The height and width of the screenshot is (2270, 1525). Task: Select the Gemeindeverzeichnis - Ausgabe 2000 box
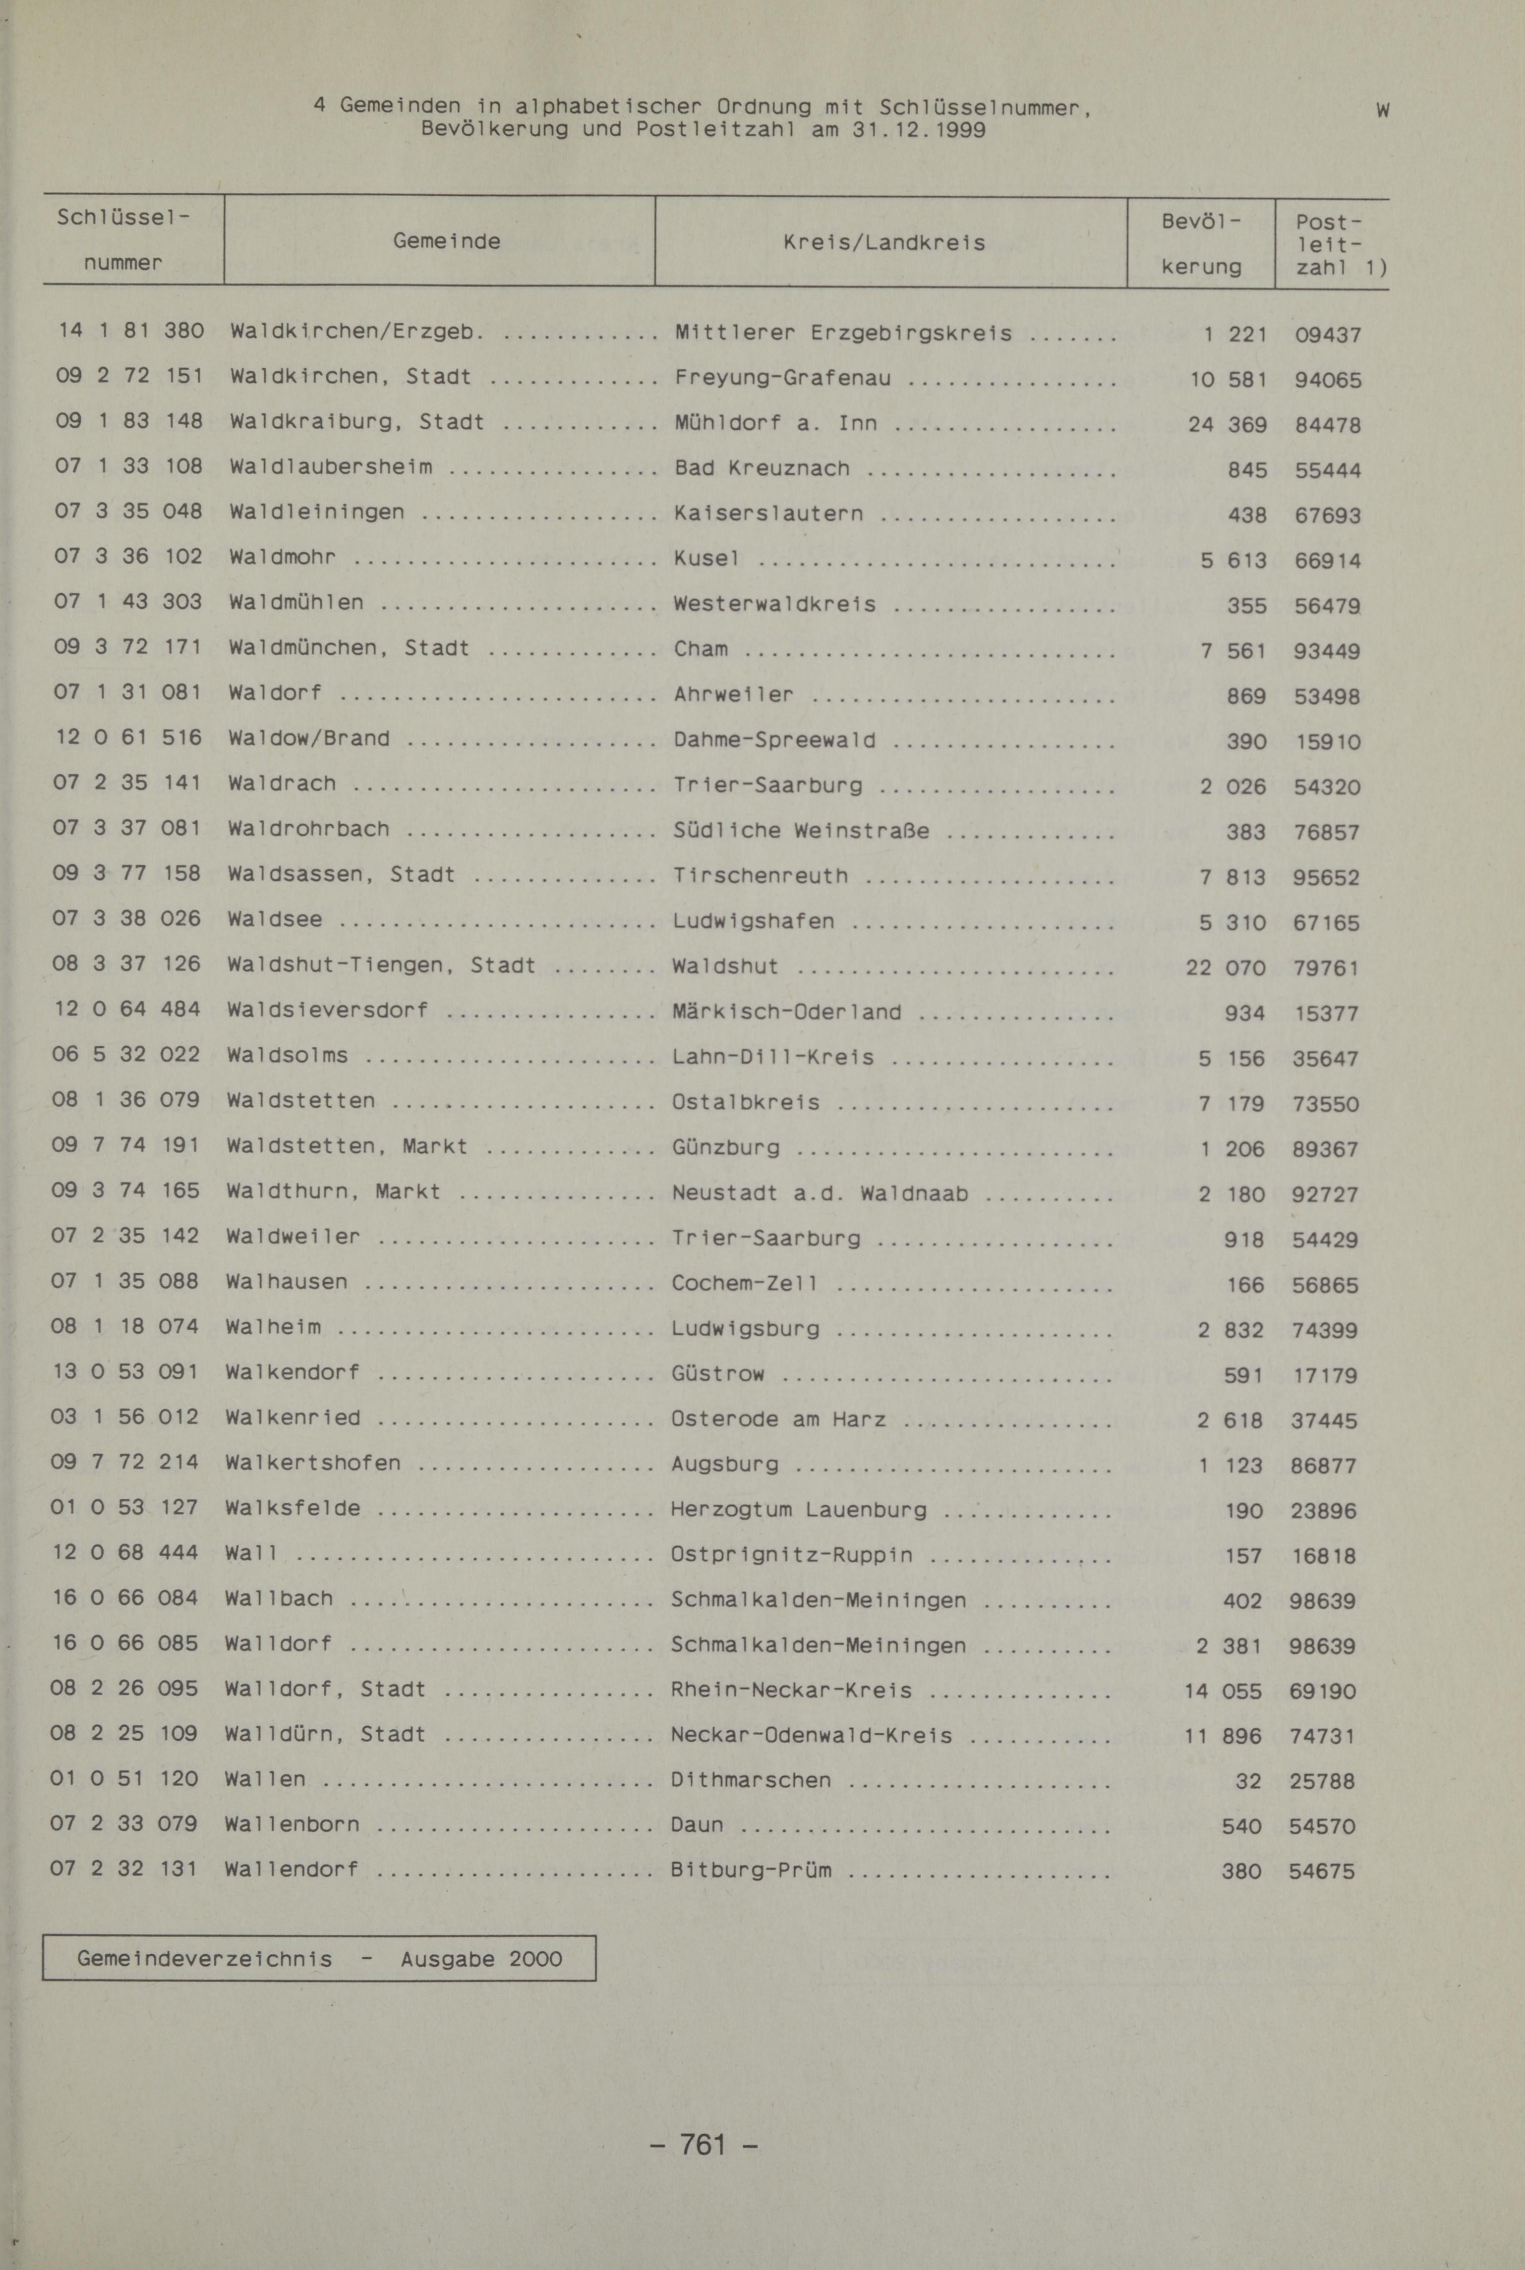[x=319, y=1958]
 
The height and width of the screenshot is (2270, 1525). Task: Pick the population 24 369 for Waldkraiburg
[x=1228, y=425]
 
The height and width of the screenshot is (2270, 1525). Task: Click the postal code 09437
[x=1328, y=335]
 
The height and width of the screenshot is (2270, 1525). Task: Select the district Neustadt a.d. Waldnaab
[x=820, y=1193]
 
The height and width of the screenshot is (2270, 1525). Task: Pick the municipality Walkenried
[x=293, y=1418]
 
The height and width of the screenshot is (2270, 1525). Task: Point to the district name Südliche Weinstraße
[x=801, y=830]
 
